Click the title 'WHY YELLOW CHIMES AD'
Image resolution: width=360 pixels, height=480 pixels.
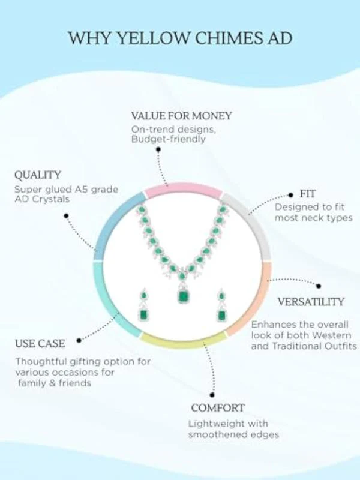(180, 38)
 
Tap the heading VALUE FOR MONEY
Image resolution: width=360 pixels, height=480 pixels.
(182, 116)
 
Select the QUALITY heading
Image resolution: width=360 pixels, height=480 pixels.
(38, 175)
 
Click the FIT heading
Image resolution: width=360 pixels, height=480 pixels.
(307, 194)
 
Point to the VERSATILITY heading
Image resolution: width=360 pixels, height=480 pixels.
(311, 302)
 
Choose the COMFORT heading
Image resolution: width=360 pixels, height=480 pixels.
(218, 408)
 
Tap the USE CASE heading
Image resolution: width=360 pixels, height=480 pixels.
(40, 343)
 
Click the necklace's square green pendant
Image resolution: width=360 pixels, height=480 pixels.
(183, 295)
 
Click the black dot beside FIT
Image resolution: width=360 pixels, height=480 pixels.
(291, 194)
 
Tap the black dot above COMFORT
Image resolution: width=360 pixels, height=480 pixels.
(212, 395)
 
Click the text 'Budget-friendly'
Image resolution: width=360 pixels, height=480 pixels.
(168, 140)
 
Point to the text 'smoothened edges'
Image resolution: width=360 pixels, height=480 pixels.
(233, 434)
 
